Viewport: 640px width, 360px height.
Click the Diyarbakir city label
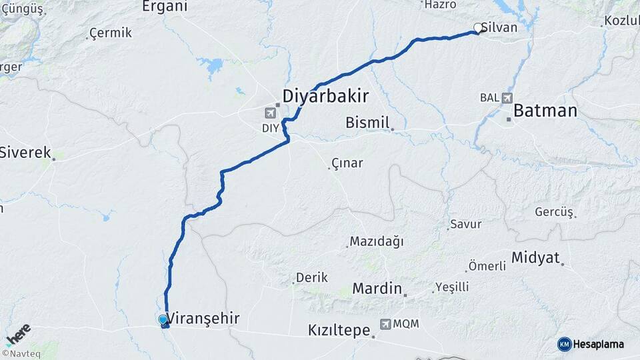[325, 96]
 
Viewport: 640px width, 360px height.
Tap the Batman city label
[545, 111]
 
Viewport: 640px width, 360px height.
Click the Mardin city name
[377, 289]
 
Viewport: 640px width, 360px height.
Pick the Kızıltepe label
[339, 330]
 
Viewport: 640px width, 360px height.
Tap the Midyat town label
[535, 258]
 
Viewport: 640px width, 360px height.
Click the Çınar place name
[347, 163]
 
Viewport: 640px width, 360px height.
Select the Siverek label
[25, 153]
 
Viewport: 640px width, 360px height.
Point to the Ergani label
[165, 7]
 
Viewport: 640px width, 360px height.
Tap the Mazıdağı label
[377, 241]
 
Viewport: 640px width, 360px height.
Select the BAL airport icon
[508, 97]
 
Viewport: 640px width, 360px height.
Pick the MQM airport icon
[385, 324]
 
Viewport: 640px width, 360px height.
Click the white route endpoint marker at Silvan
[478, 28]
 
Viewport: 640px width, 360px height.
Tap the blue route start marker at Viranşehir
[163, 320]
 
